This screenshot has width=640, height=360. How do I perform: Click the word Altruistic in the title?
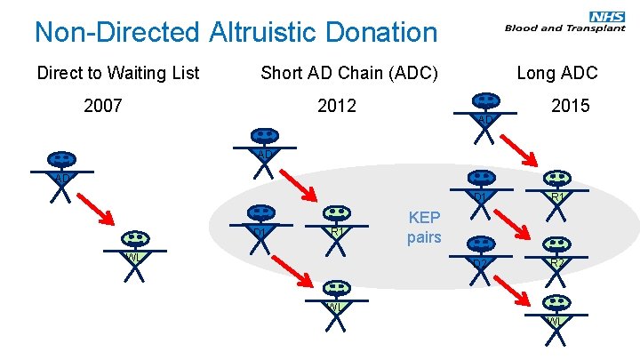[264, 33]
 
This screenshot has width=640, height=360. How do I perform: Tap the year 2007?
[103, 107]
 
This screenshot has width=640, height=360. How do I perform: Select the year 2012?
[337, 107]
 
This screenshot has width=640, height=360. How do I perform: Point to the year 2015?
[570, 107]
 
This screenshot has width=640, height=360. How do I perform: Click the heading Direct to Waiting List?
[118, 73]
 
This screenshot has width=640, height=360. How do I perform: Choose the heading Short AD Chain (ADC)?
[349, 73]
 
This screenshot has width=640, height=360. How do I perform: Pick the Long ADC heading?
[557, 73]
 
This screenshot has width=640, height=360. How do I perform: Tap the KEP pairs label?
[424, 227]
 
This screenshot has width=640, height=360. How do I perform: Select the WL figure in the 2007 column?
[135, 254]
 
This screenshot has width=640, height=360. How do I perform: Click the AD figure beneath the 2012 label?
[264, 151]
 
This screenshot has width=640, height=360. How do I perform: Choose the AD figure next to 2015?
[485, 115]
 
